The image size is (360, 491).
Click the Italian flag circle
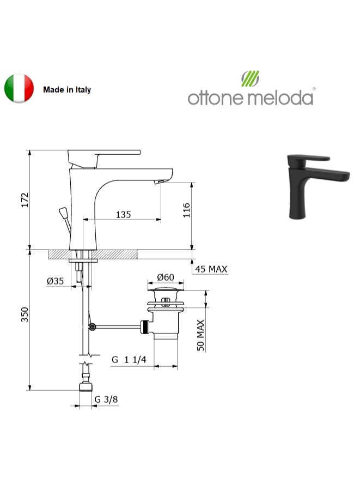coord(19,88)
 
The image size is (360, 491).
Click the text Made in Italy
coord(67,90)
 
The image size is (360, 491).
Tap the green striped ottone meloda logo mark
coord(250,78)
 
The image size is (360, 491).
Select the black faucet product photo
coord(318,186)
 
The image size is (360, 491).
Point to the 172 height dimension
coord(25,200)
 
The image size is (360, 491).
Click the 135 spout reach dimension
coord(123,215)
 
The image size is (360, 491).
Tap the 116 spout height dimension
coord(187,210)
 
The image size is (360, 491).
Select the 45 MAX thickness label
coord(211,269)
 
